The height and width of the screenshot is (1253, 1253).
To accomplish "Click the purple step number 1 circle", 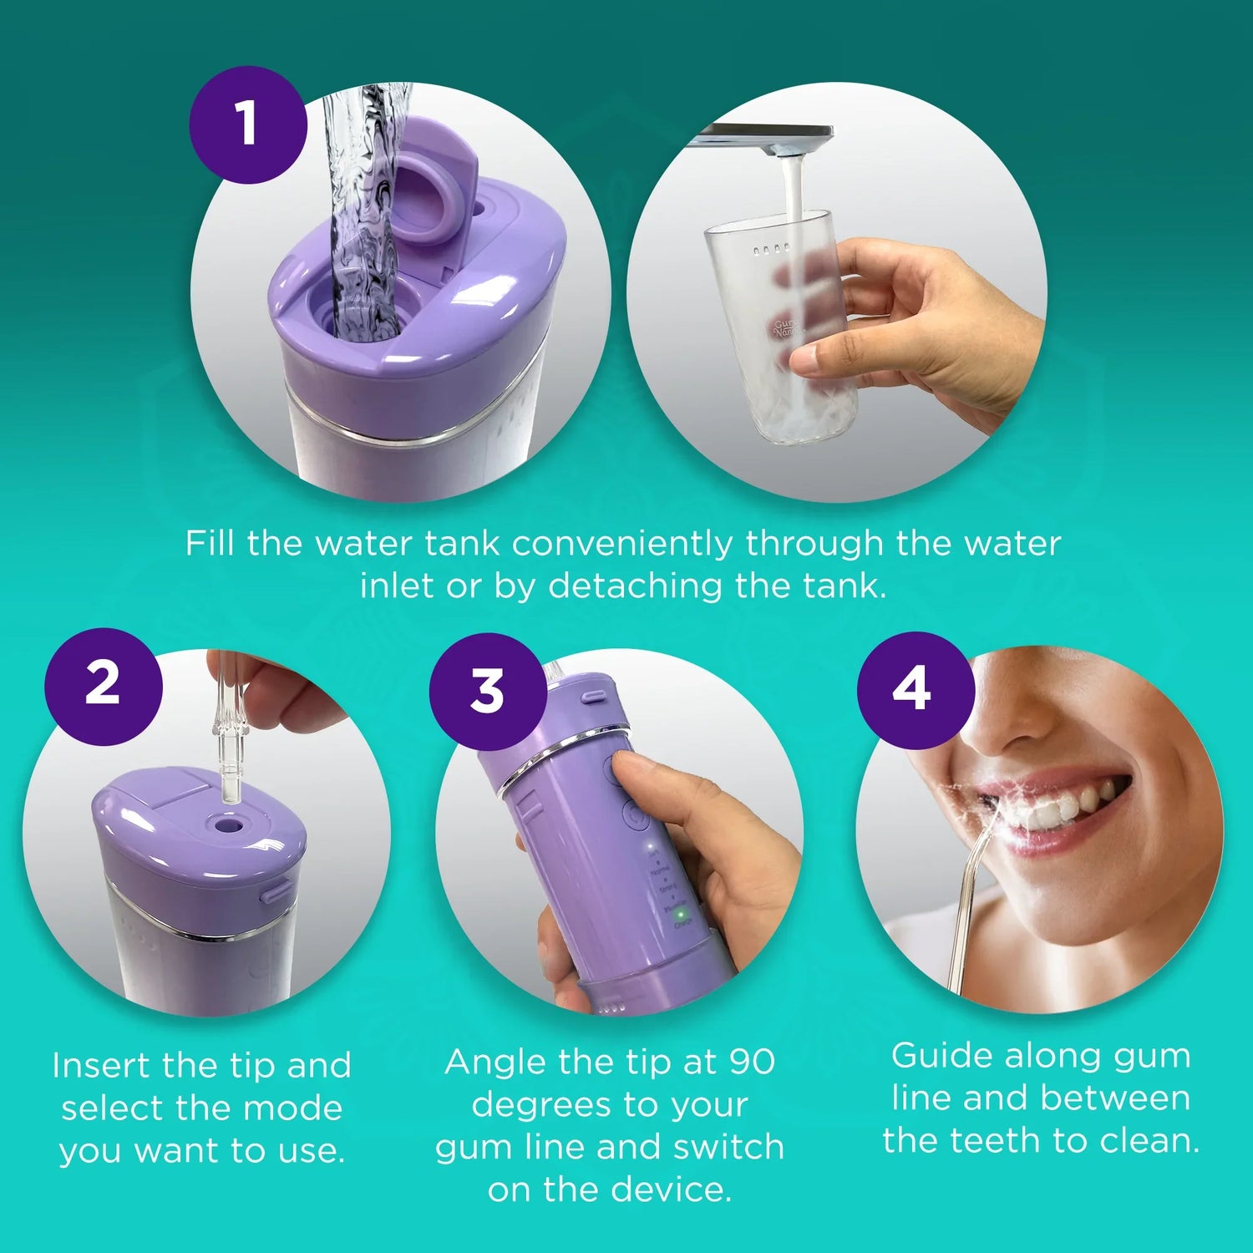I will coord(247,124).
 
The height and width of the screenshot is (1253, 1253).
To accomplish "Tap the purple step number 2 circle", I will coord(103,686).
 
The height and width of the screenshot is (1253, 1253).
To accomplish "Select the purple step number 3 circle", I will coord(488,691).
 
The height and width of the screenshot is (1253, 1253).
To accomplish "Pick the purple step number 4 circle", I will coord(914,689).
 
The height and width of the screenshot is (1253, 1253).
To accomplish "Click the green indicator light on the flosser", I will coord(681,914).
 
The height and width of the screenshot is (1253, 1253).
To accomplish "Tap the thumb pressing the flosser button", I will coord(643,773).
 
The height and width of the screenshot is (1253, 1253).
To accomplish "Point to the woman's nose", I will coord(1015,718).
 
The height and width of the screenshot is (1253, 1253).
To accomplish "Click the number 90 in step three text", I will coord(752,1063).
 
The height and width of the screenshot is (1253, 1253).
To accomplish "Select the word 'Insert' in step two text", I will coord(101,1066).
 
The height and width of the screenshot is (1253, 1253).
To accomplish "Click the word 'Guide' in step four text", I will coord(941,1056).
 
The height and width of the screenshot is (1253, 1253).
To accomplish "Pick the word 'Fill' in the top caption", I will coord(210,543).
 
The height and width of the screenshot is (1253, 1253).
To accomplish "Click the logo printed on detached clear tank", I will coord(786,327).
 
